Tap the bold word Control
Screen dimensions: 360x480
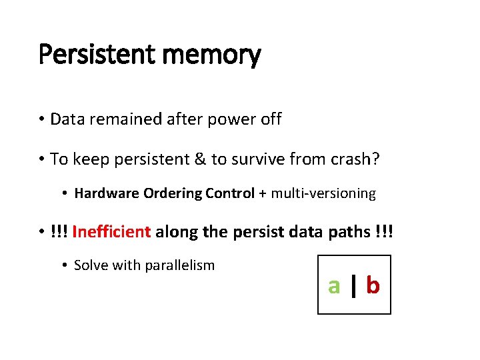[x=229, y=194]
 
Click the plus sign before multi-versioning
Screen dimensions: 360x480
[x=263, y=194]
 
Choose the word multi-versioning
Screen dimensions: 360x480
[x=323, y=194]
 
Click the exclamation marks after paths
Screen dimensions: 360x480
[x=384, y=232]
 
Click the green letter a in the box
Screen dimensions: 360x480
[x=334, y=285]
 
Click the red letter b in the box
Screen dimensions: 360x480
[x=373, y=285]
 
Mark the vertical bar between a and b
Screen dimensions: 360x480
[x=354, y=285]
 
